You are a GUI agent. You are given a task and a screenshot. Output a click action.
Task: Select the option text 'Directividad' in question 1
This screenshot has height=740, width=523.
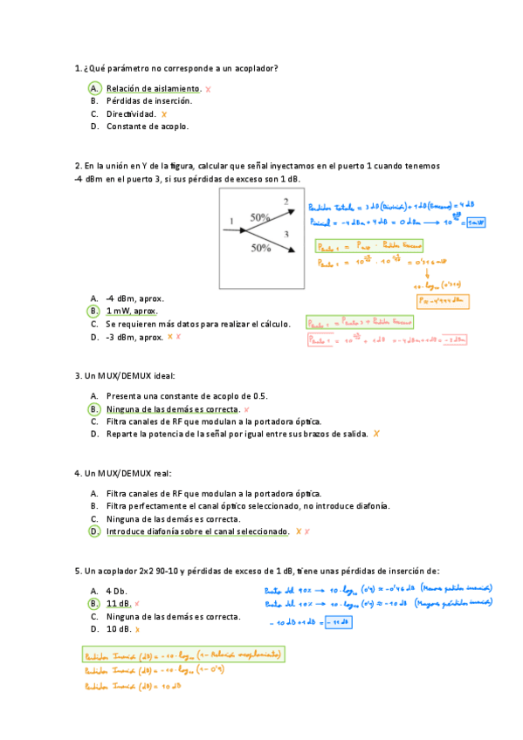click(131, 113)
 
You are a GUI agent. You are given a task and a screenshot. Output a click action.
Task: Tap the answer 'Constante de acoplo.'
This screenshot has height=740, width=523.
click(148, 126)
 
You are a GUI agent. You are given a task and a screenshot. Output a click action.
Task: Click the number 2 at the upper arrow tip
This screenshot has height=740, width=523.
click(286, 202)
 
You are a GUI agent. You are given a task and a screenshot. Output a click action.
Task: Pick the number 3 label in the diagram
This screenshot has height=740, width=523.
click(286, 235)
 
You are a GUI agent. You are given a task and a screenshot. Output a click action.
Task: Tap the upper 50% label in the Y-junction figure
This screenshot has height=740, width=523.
click(260, 216)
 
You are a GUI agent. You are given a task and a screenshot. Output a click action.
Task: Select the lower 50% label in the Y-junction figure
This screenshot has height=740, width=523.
click(260, 248)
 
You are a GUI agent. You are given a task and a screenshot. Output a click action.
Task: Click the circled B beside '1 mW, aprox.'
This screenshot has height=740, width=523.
click(93, 311)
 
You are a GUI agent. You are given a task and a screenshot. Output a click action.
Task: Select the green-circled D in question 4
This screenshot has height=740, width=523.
click(93, 531)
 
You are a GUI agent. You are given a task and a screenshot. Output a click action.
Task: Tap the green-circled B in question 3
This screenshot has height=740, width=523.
click(93, 408)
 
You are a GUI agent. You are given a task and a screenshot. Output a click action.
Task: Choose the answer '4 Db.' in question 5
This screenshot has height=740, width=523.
click(117, 591)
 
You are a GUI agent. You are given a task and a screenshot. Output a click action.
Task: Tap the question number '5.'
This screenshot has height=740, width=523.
click(79, 572)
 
